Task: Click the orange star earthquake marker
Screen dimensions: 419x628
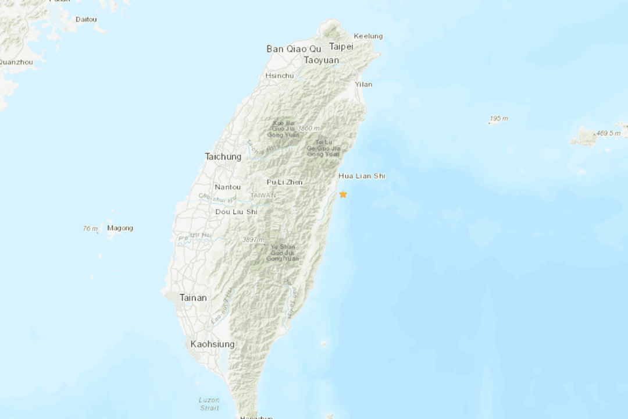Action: click(x=343, y=194)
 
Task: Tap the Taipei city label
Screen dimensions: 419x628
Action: click(x=341, y=47)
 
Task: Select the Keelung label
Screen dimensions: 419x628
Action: click(x=368, y=36)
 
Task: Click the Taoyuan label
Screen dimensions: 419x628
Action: click(x=321, y=60)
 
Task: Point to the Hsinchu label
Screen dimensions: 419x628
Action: click(x=279, y=76)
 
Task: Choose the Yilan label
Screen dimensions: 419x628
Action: click(x=363, y=84)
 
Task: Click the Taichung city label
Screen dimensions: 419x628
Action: click(x=223, y=157)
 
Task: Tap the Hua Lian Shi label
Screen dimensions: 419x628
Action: click(x=362, y=176)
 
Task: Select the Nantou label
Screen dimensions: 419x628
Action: click(x=227, y=187)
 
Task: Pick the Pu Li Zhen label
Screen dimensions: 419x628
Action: click(x=284, y=182)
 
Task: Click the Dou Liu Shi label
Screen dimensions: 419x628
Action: click(x=236, y=212)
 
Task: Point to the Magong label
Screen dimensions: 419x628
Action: click(x=120, y=228)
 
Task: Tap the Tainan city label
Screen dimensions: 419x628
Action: click(x=193, y=297)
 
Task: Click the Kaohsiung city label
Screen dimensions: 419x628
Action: click(x=213, y=344)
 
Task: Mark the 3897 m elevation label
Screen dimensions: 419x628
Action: click(x=254, y=240)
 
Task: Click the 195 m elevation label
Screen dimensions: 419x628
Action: click(x=498, y=119)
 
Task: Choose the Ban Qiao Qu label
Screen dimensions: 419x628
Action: click(x=294, y=49)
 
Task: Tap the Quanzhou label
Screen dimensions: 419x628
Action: click(x=16, y=62)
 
